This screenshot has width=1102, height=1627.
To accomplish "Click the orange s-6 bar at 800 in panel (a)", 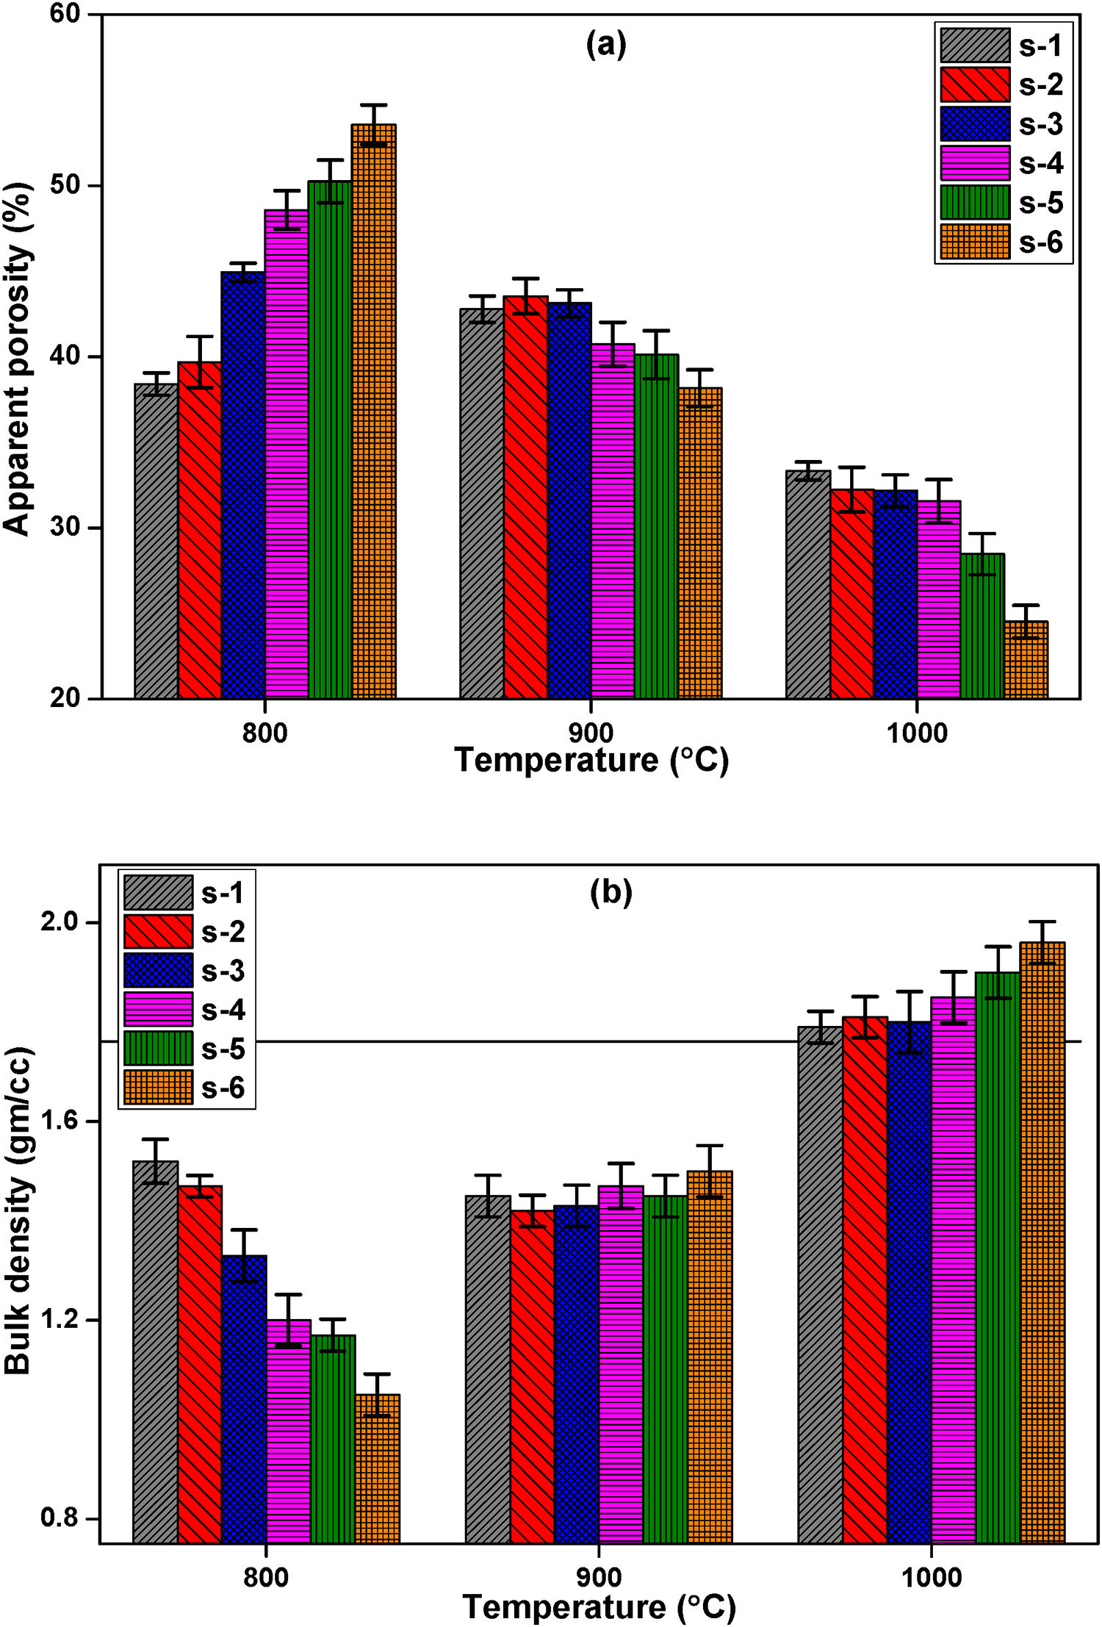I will tap(373, 412).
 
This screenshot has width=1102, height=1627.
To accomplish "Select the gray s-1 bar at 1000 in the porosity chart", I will tap(807, 584).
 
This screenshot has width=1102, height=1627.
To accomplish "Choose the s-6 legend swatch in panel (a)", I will tap(975, 242).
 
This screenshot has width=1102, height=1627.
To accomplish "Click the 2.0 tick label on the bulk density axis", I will tap(59, 922).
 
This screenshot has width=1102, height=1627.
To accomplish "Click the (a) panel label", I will tap(606, 45).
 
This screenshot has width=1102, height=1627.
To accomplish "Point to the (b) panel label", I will tap(611, 891).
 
